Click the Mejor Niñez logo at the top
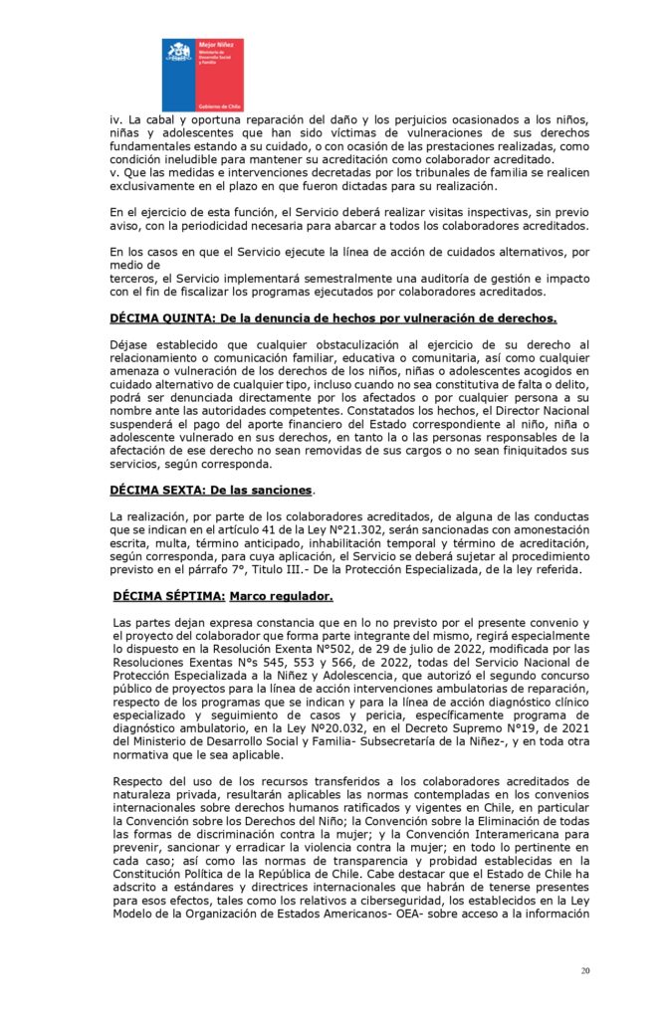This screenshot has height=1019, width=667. click(x=202, y=75)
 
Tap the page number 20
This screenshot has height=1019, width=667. click(x=584, y=970)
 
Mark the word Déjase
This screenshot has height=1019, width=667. click(x=132, y=344)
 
